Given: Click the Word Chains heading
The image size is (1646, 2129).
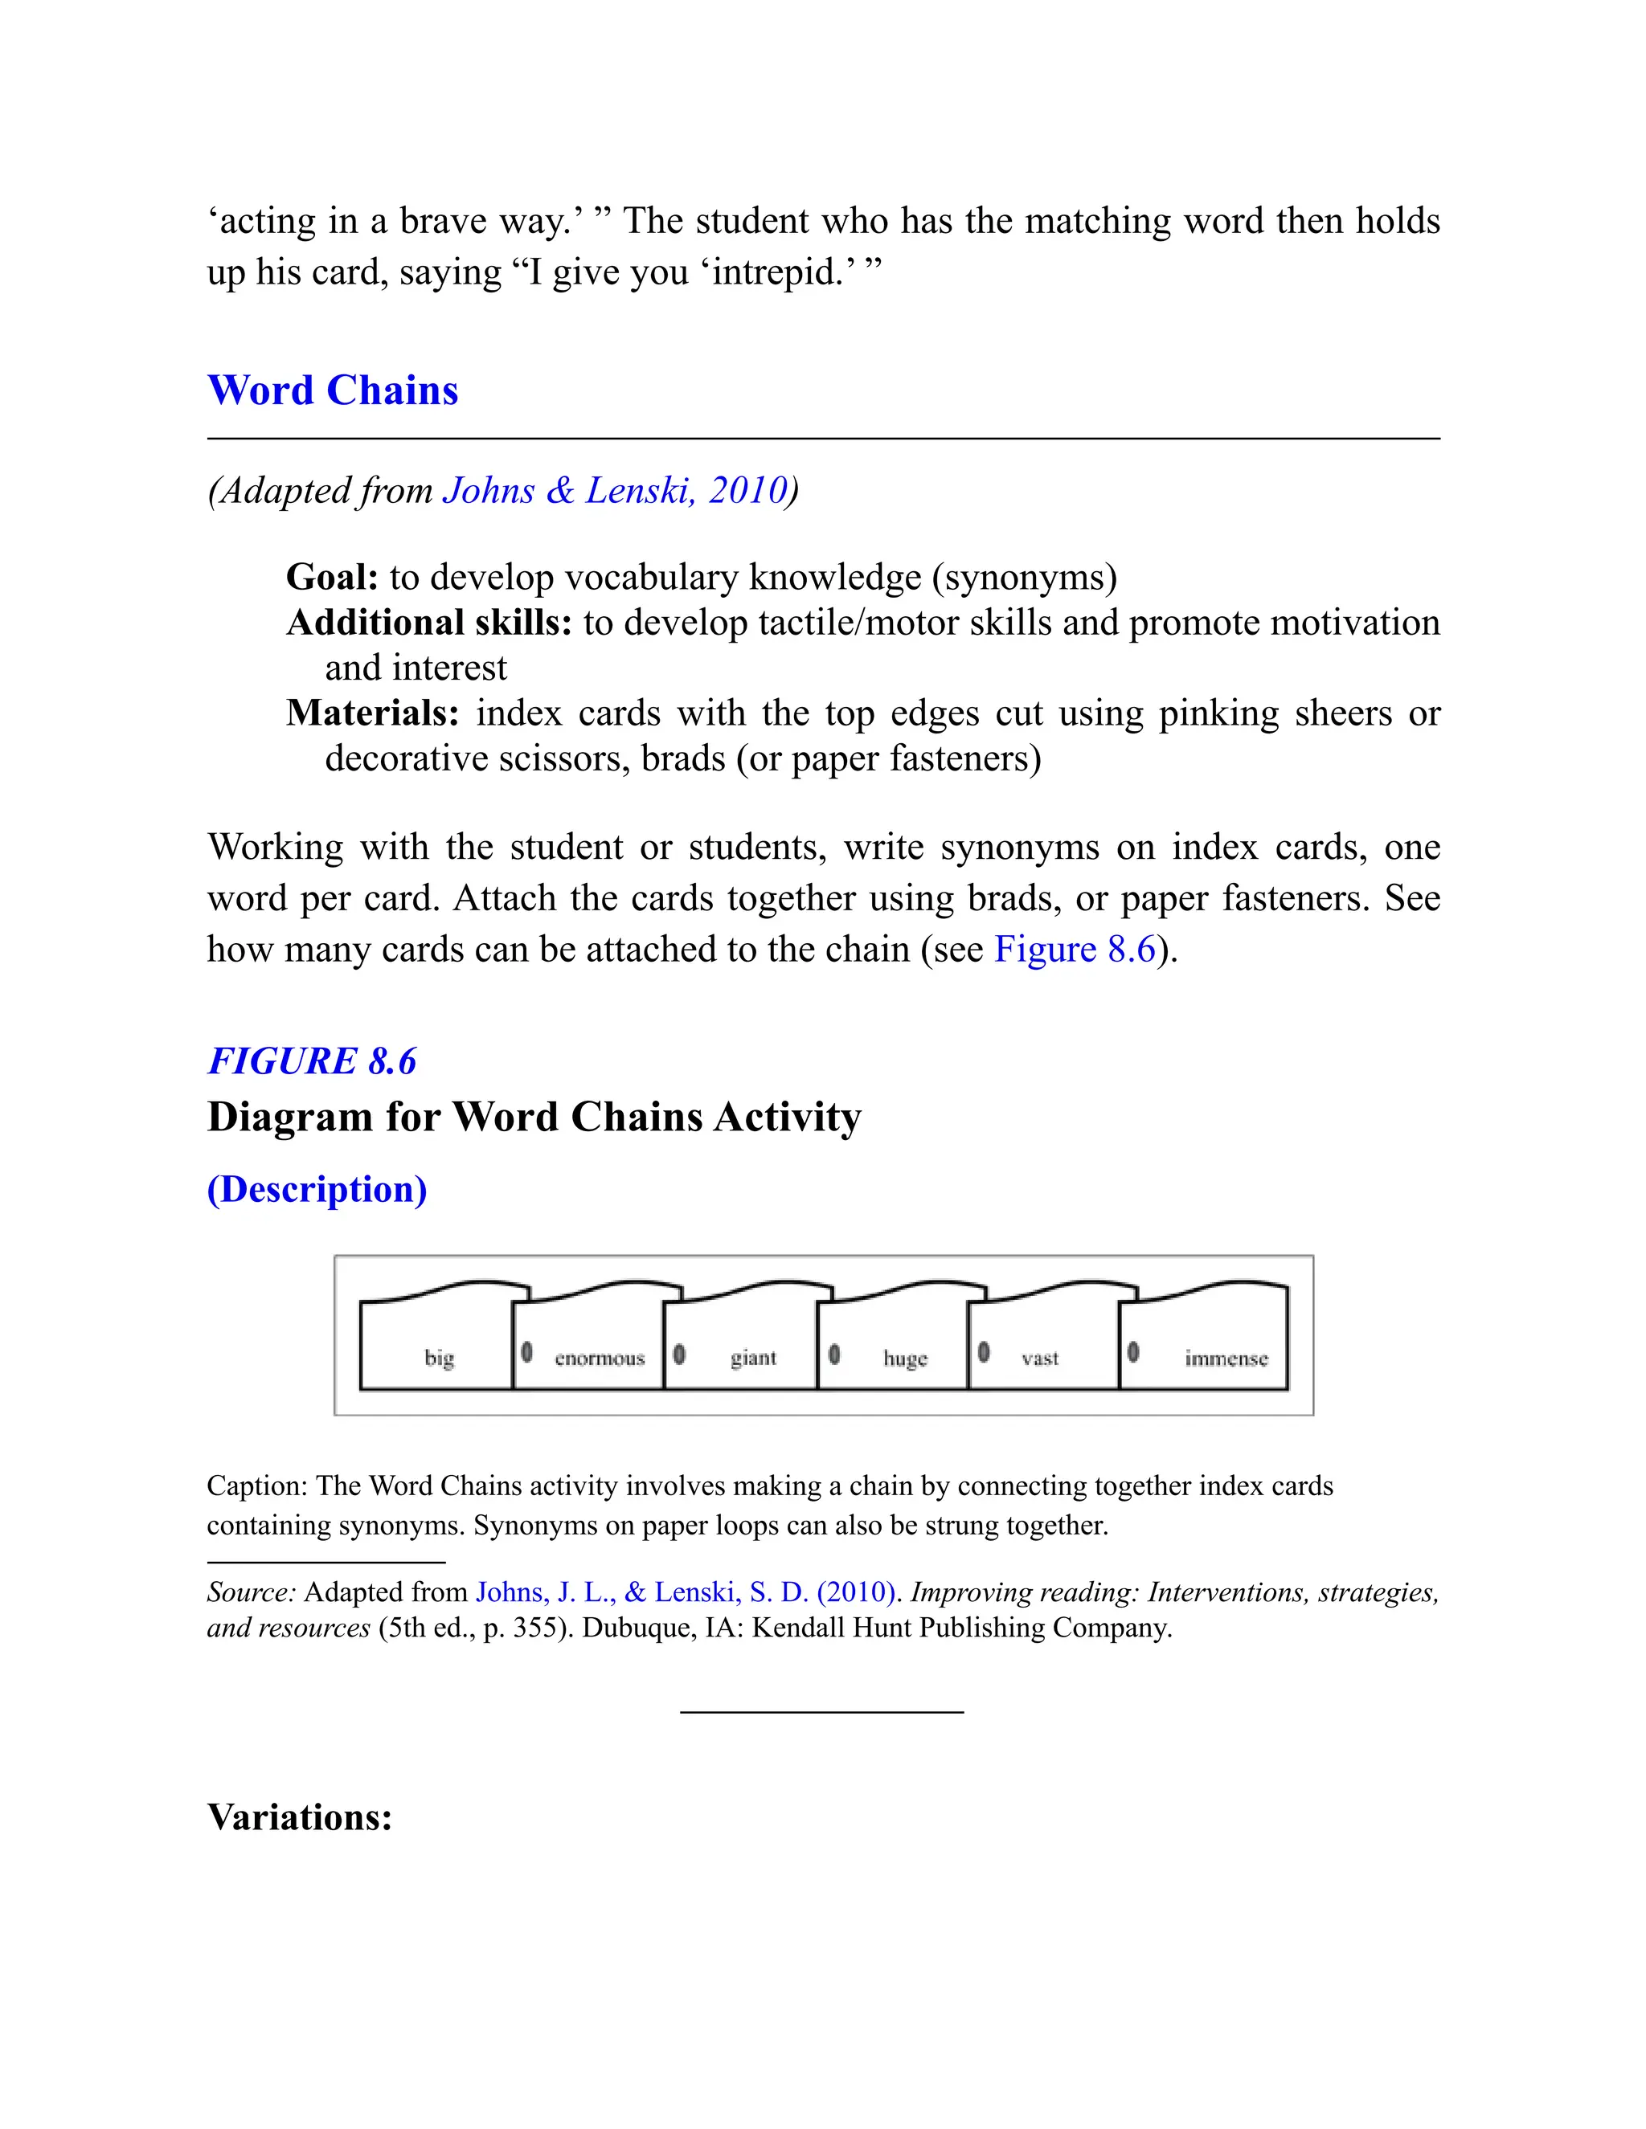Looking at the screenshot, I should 333,391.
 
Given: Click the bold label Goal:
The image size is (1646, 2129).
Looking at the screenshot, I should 332,577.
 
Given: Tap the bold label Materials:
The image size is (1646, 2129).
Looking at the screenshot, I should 372,713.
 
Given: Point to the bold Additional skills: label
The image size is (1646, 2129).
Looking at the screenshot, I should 429,623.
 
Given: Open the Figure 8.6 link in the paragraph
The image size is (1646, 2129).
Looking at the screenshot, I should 1074,950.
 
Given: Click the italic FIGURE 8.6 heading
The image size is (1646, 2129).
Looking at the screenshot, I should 312,1060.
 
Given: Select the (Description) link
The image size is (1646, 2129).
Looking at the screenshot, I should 317,1189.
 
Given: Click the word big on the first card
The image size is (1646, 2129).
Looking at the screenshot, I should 439,1357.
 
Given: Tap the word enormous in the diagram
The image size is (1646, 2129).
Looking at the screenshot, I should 600,1358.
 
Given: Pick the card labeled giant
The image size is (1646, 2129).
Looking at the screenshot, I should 753,1357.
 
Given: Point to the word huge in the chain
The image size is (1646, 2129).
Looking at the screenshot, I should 905,1358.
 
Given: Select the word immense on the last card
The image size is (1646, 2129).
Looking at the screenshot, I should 1226,1358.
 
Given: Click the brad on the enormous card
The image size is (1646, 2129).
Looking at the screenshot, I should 526,1352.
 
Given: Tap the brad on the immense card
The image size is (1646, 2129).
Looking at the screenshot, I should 1133,1352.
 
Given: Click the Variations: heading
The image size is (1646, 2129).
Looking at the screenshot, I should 299,1817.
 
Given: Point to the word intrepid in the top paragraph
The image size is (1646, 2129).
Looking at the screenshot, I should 777,272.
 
